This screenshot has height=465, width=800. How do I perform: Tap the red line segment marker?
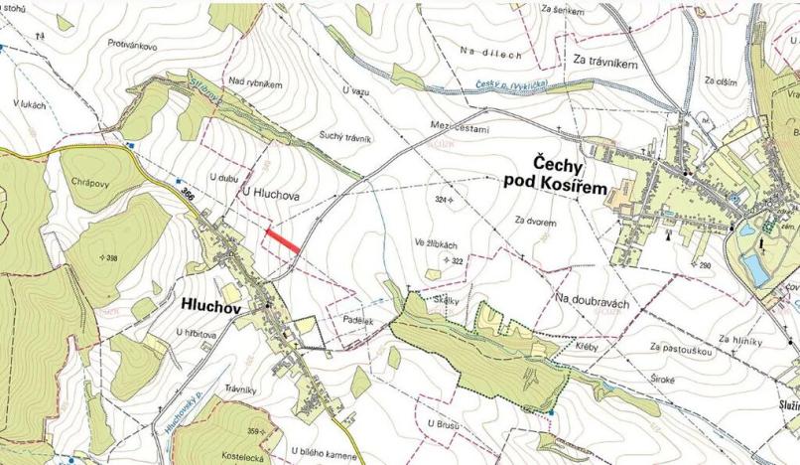click(x=283, y=239)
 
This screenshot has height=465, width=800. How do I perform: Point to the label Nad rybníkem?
click(x=255, y=84)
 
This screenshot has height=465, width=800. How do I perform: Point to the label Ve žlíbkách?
click(x=437, y=242)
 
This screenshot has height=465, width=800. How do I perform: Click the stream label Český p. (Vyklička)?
click(x=513, y=87)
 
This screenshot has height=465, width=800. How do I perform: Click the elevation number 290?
click(x=705, y=265)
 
